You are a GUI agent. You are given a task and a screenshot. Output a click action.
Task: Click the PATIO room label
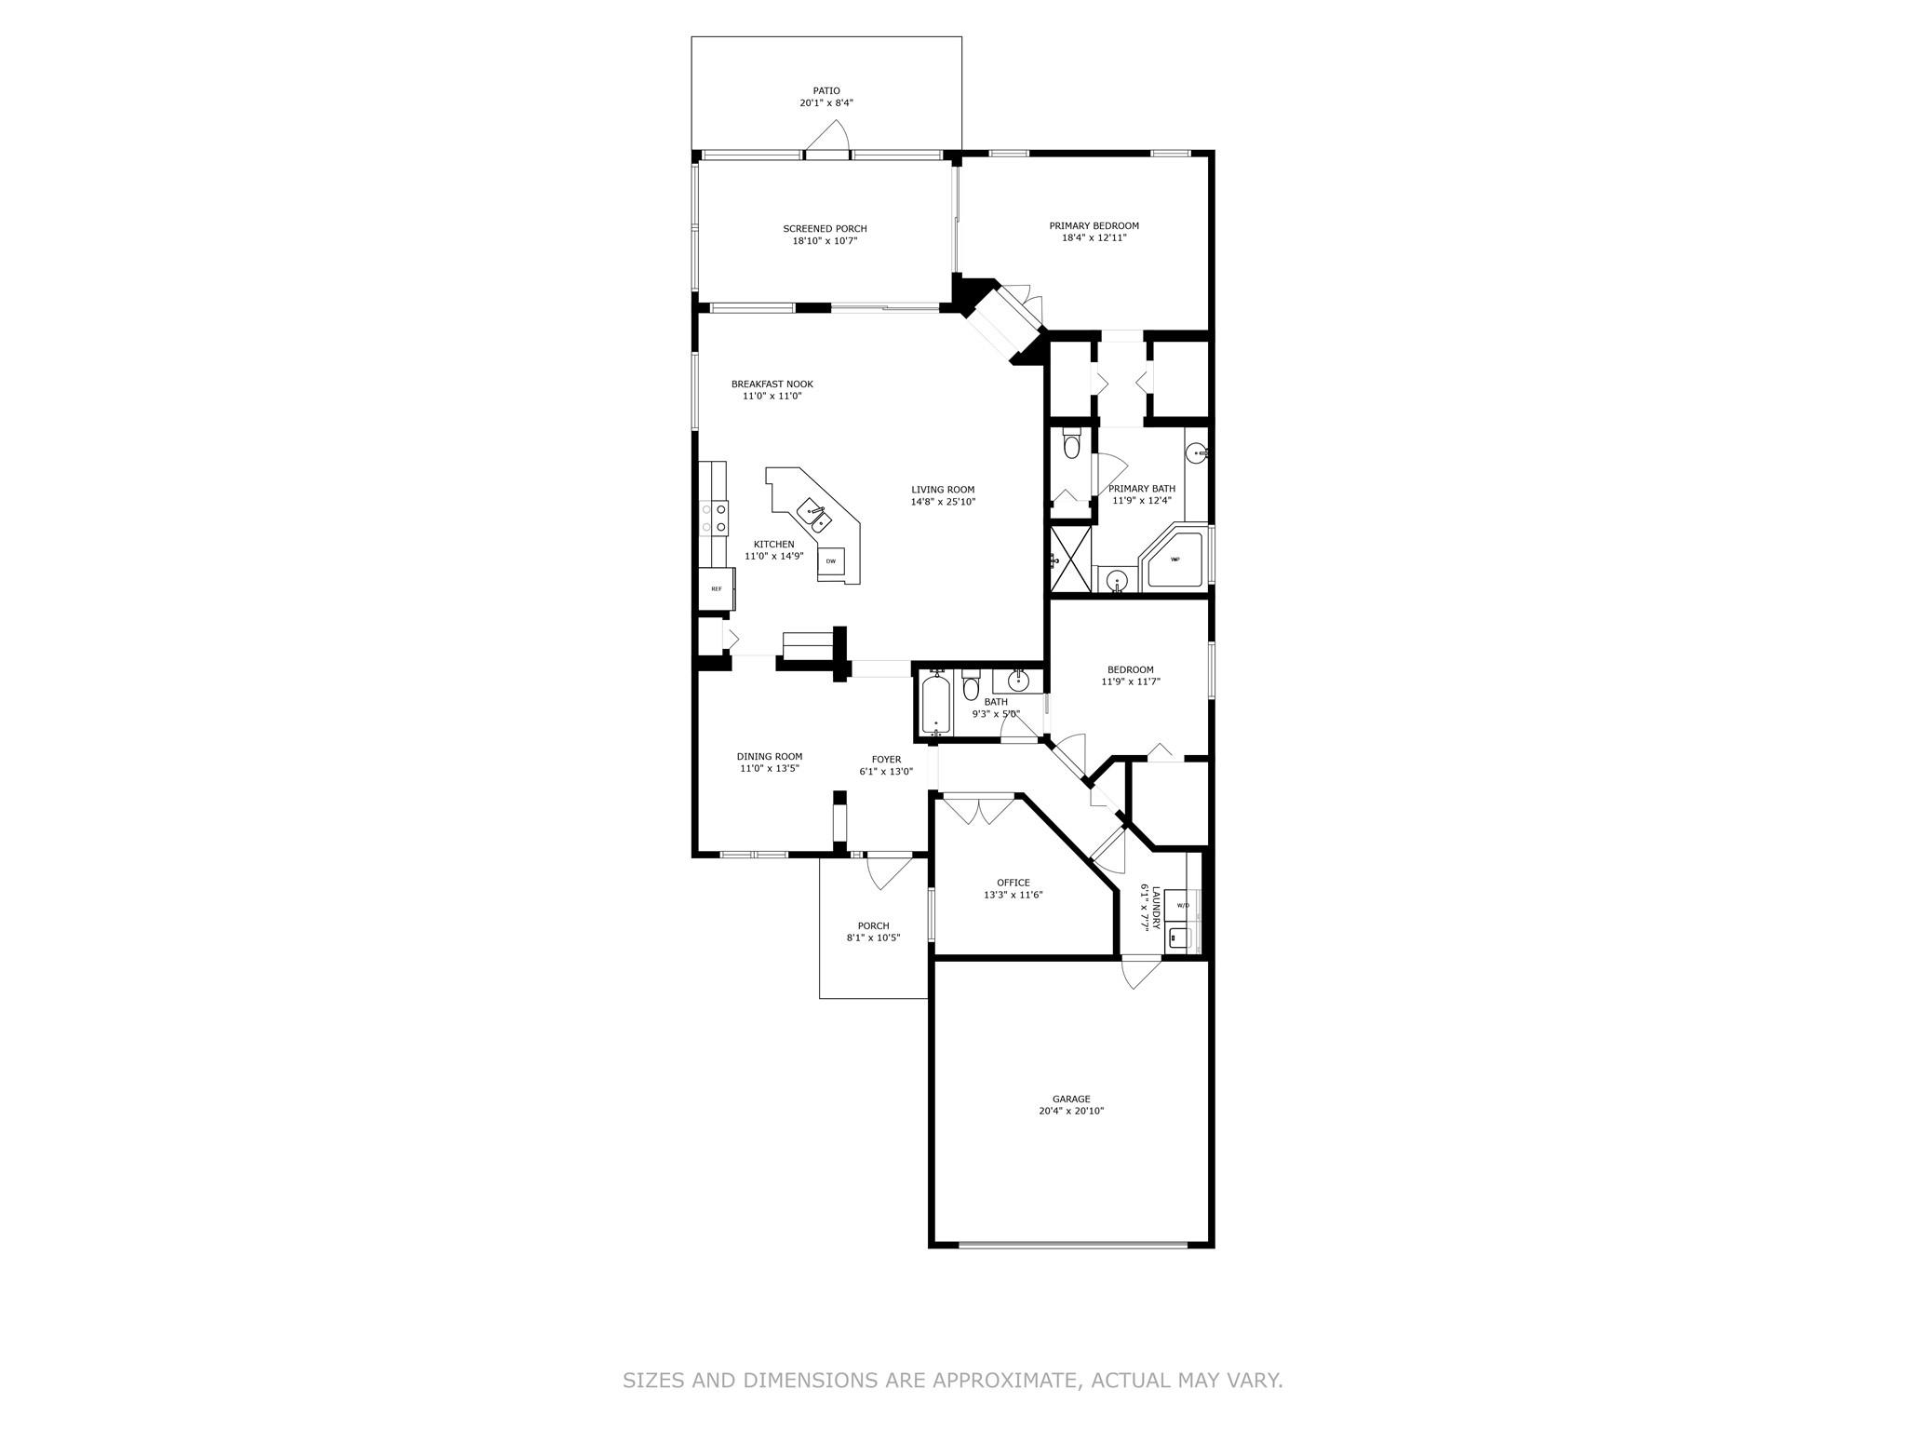(x=826, y=91)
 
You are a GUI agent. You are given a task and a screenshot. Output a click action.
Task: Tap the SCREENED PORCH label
(x=825, y=229)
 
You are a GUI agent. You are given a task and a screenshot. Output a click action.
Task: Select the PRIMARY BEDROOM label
(x=1094, y=226)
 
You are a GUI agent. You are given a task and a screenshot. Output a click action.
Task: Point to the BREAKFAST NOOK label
(x=772, y=384)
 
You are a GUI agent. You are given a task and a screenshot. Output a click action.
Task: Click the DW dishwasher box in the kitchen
(x=830, y=561)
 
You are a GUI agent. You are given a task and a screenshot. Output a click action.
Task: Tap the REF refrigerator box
(x=717, y=588)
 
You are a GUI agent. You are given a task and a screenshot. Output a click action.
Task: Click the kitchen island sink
(x=165, y=519)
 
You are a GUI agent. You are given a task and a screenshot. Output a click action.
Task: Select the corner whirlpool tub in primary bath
(x=1174, y=558)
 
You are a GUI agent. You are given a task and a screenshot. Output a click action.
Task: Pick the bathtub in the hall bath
(x=934, y=705)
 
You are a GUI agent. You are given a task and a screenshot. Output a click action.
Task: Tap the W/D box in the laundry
(x=1182, y=905)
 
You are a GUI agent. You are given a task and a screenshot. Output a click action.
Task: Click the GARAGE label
(x=1071, y=1099)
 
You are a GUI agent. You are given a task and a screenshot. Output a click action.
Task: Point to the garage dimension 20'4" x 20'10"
(x=1071, y=1112)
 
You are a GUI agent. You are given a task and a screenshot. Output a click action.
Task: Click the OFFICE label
(x=1013, y=884)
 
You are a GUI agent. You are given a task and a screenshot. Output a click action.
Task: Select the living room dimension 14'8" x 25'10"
(x=943, y=502)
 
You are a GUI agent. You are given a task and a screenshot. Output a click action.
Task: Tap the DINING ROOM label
(x=770, y=757)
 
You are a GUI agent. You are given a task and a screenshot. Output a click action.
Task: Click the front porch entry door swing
(x=889, y=871)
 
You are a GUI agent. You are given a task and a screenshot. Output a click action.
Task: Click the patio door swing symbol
(x=827, y=136)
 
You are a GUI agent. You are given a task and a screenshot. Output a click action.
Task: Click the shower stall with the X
(x=1070, y=558)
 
